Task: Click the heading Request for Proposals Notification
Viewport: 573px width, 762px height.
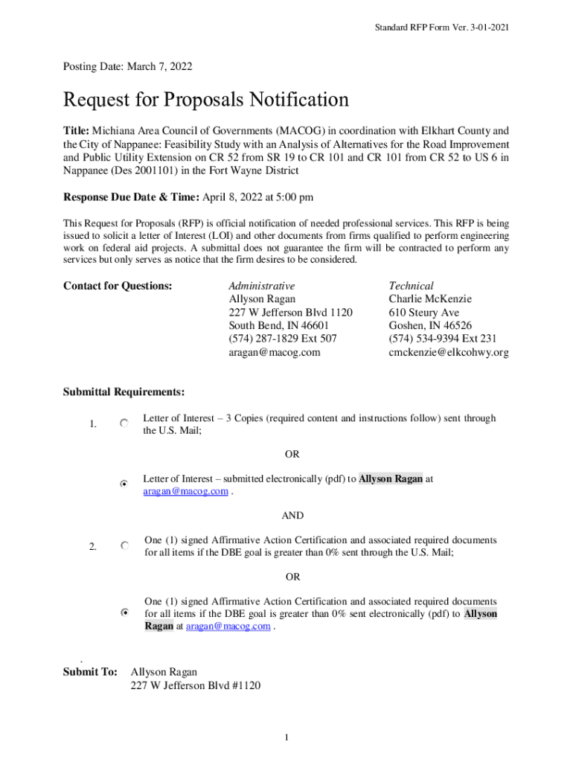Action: click(x=206, y=100)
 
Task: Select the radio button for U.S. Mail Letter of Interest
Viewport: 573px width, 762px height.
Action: click(x=124, y=423)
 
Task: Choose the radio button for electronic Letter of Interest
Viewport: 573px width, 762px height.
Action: click(x=124, y=484)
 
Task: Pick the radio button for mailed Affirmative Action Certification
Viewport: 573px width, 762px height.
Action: click(x=124, y=545)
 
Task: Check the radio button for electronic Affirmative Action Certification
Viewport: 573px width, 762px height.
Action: click(x=124, y=612)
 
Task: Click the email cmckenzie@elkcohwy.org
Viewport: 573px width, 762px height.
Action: click(x=449, y=353)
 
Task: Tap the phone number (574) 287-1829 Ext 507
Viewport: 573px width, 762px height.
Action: click(x=283, y=339)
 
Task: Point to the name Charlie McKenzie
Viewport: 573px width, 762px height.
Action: click(x=430, y=299)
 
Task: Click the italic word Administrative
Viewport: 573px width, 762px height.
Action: click(x=261, y=286)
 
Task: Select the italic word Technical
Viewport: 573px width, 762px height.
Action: click(x=411, y=286)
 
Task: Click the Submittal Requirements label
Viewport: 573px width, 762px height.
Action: click(x=124, y=392)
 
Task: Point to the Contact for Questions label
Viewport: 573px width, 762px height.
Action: click(x=118, y=286)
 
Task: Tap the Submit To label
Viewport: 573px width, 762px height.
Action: click(x=90, y=672)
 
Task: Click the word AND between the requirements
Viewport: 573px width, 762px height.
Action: click(x=292, y=516)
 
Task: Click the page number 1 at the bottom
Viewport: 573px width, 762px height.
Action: click(x=286, y=737)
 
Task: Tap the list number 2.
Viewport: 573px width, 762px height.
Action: click(x=92, y=548)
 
